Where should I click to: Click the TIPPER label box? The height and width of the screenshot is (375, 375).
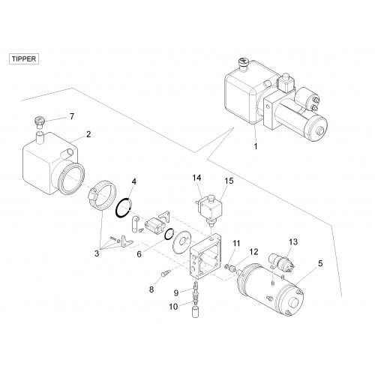pos(24,59)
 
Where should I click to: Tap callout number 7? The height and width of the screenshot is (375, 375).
pos(72,116)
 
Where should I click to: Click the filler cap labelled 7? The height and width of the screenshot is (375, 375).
pos(40,121)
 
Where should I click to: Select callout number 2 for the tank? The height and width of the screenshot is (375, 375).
pos(88,134)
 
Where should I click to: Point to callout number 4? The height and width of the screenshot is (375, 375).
pos(134,181)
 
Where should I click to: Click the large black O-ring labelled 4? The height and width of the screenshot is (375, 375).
pos(124,208)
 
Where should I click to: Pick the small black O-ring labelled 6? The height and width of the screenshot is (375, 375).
pos(169,234)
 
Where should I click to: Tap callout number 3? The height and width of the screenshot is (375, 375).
pos(97,253)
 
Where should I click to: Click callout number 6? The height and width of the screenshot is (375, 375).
pos(139,254)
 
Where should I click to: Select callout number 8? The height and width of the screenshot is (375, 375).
pos(151,289)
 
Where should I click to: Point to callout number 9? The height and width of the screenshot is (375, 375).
pos(176,292)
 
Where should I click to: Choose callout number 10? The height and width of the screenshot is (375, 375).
pos(173,307)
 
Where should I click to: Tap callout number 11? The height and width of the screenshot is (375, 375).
pos(236,243)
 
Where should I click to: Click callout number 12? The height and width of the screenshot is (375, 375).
pos(253,252)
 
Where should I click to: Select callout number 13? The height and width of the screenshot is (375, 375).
pos(293,241)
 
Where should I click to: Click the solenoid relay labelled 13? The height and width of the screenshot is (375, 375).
pos(281,262)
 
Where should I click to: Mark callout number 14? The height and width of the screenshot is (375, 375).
pos(196,178)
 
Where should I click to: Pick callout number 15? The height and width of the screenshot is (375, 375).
pos(229,181)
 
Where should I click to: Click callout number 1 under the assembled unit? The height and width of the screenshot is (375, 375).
pos(256,146)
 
